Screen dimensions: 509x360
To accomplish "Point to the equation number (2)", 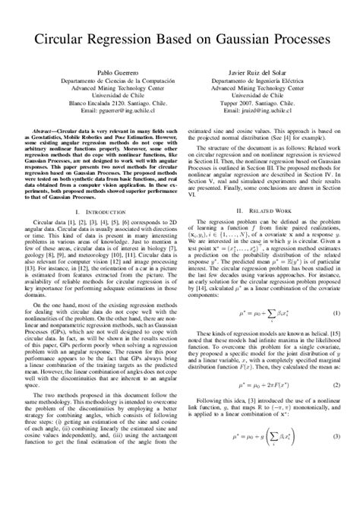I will pos(335,386).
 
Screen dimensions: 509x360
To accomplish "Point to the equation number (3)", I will pos(335,438).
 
